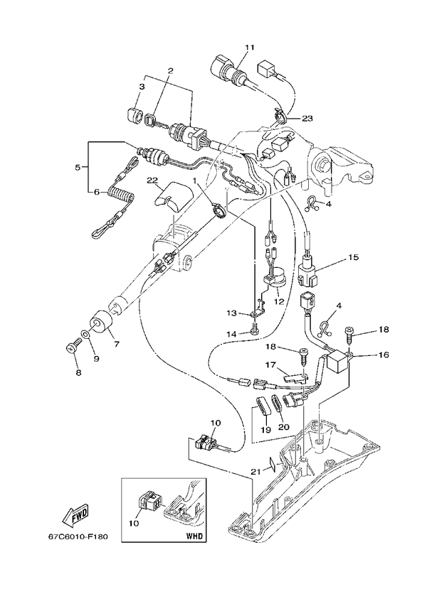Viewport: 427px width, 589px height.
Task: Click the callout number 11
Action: click(249, 47)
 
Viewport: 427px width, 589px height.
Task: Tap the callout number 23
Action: click(307, 118)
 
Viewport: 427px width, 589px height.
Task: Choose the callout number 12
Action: click(279, 301)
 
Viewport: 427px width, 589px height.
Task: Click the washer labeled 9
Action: click(85, 334)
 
